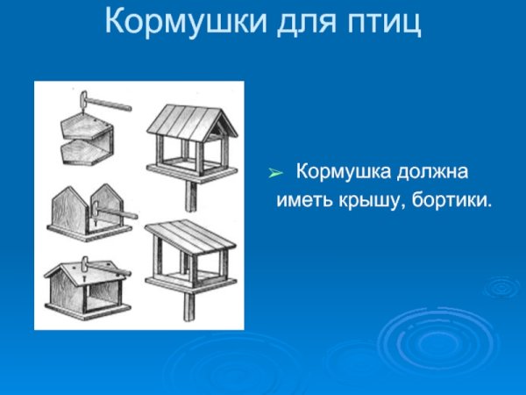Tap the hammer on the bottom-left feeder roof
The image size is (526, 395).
(84, 266)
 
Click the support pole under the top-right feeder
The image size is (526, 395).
(190, 196)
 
